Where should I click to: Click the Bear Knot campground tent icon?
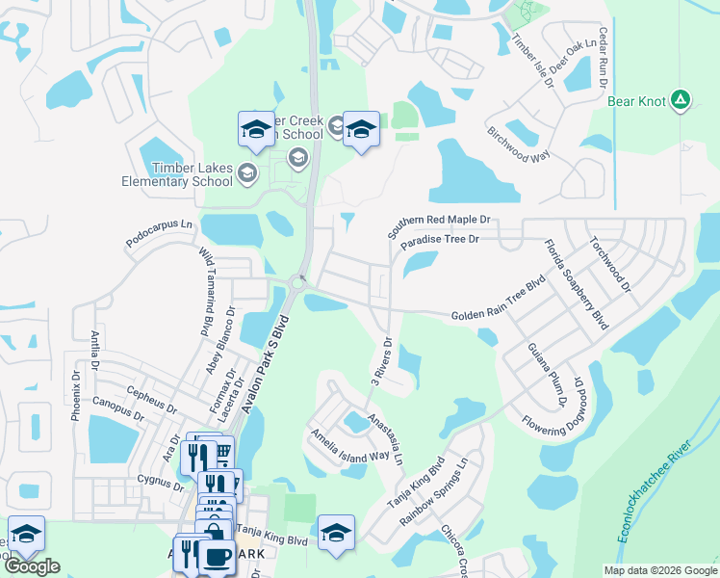pos(681,100)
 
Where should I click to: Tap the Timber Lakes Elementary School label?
pos(177,173)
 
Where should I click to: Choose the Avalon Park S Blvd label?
pos(266,364)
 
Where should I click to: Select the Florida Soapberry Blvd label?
pos(576,284)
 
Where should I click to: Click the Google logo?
pos(31,566)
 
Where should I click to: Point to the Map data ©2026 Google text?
pos(659,570)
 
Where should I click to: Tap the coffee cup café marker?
pos(217,558)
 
